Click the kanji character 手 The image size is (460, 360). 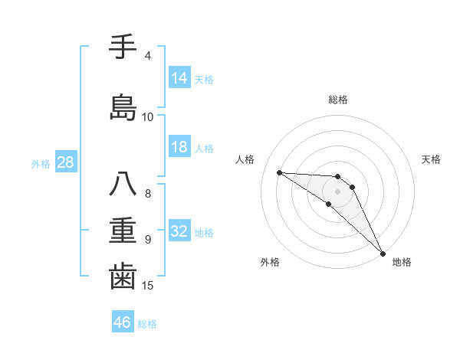click(x=123, y=47)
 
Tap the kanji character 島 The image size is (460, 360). click(x=123, y=108)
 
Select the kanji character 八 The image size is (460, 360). click(x=123, y=185)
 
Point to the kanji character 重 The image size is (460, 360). click(x=123, y=231)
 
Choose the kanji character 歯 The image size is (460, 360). click(x=123, y=277)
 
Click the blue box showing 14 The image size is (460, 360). click(x=179, y=78)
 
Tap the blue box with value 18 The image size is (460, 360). click(x=179, y=147)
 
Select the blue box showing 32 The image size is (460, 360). click(x=179, y=231)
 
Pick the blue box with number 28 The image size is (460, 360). click(x=64, y=163)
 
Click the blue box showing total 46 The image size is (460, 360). click(x=123, y=322)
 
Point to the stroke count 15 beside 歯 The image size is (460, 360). click(x=149, y=286)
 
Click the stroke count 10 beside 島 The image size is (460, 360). click(x=148, y=117)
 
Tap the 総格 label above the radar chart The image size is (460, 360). click(x=338, y=100)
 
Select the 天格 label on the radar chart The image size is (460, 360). click(x=432, y=159)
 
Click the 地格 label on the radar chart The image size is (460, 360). click(x=402, y=263)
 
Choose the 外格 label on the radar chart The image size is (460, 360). click(x=270, y=263)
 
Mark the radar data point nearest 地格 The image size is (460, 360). click(x=382, y=253)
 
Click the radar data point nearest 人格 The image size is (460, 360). click(x=279, y=172)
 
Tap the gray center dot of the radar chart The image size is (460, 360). click(x=337, y=191)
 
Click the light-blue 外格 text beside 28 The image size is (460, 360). click(x=41, y=164)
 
